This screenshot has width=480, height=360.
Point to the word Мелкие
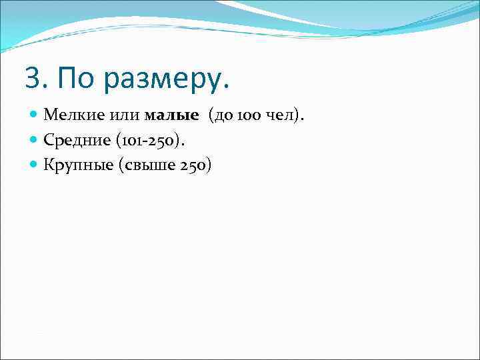(69, 115)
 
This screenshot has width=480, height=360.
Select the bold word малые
(171, 115)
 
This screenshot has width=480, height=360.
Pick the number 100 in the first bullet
(253, 115)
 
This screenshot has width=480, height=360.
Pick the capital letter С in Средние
(48, 141)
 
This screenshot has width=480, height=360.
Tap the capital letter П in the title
(67, 79)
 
